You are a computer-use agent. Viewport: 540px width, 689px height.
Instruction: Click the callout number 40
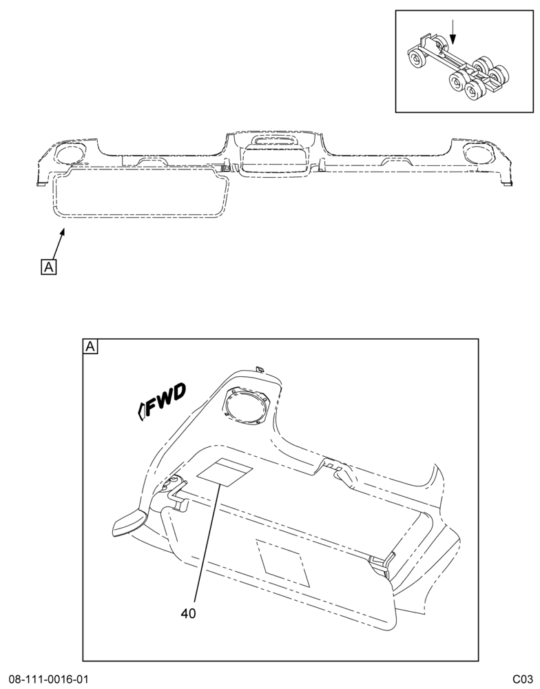(x=188, y=613)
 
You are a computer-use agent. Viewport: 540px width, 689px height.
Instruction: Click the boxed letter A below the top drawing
(x=48, y=267)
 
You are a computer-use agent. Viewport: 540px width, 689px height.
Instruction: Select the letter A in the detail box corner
(x=90, y=347)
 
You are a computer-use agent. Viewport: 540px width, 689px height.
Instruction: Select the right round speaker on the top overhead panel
(x=481, y=153)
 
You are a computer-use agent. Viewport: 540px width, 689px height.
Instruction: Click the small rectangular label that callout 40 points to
(x=225, y=471)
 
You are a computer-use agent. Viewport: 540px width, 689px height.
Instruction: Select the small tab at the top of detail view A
(x=260, y=368)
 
